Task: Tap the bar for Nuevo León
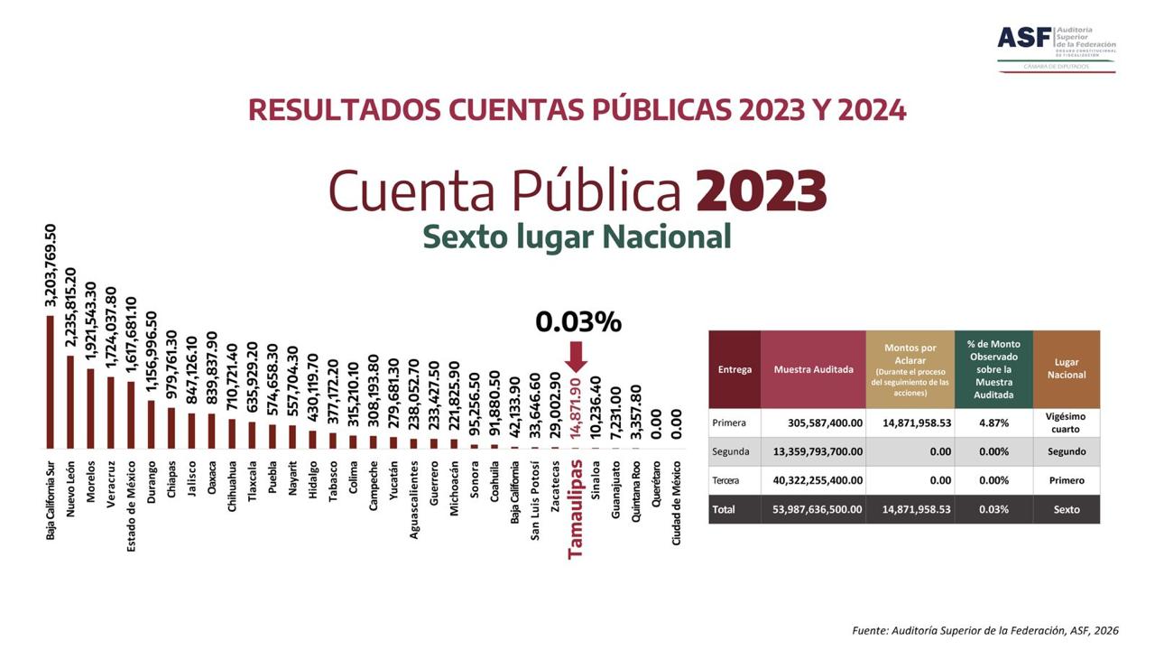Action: tap(70, 402)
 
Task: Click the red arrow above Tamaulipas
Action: tap(577, 357)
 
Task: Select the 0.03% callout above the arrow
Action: tap(578, 321)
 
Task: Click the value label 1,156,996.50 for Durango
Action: tap(151, 353)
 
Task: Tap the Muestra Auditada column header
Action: tap(813, 369)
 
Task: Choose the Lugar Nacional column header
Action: tap(1067, 369)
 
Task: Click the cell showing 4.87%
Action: tap(993, 422)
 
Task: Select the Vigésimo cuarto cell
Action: tap(1067, 422)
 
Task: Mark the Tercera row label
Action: tap(725, 480)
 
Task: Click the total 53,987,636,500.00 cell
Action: tap(813, 509)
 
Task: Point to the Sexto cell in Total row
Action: tap(1067, 509)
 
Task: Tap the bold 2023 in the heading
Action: tap(761, 190)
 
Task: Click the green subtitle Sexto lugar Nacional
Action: tap(577, 237)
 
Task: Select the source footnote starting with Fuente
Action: tap(984, 630)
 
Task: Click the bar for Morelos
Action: tap(90, 408)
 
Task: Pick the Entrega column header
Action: tap(735, 369)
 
